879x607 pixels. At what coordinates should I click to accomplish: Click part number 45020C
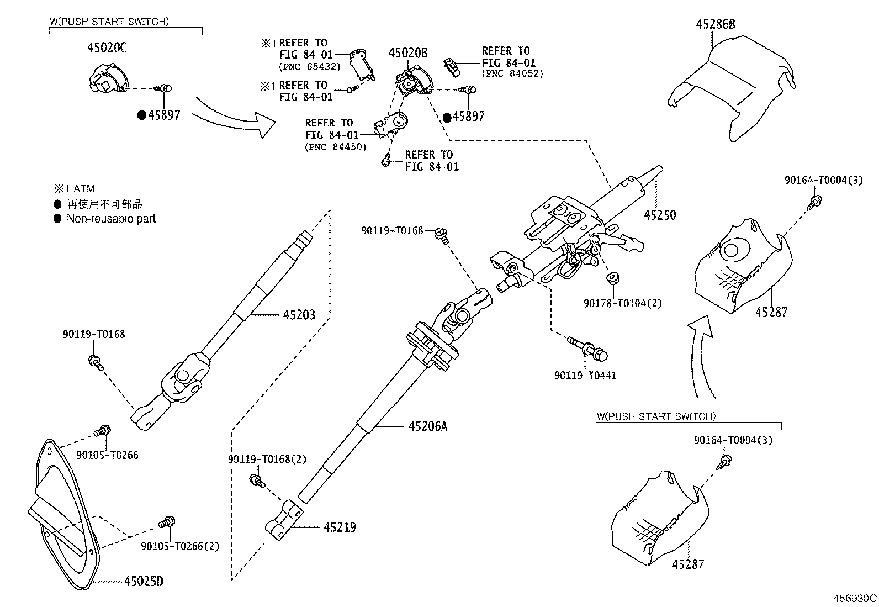(107, 48)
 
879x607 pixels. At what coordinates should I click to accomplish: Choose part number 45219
(339, 527)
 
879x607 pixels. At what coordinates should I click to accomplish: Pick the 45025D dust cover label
(144, 581)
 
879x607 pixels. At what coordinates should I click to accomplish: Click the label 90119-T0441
(585, 376)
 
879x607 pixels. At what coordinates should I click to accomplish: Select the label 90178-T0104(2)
(622, 303)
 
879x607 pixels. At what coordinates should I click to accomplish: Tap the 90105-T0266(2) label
(180, 546)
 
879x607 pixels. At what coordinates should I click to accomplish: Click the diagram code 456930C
(855, 599)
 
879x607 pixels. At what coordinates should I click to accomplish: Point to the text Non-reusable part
(111, 219)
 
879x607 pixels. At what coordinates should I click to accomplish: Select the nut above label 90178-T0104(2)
(612, 278)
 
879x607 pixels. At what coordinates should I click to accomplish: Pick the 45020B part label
(408, 53)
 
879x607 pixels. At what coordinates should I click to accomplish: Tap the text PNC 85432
(310, 67)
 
